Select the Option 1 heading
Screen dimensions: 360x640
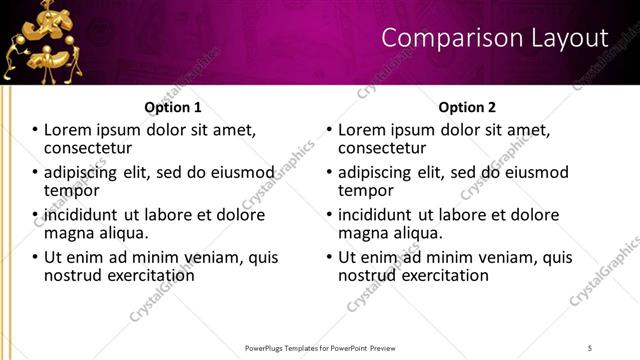[173, 107]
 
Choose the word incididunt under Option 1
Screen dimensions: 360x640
[83, 215]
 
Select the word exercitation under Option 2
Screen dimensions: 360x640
[439, 274]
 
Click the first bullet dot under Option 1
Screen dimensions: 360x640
[35, 131]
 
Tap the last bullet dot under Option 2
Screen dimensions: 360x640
[329, 257]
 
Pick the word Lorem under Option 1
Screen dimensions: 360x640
[69, 130]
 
